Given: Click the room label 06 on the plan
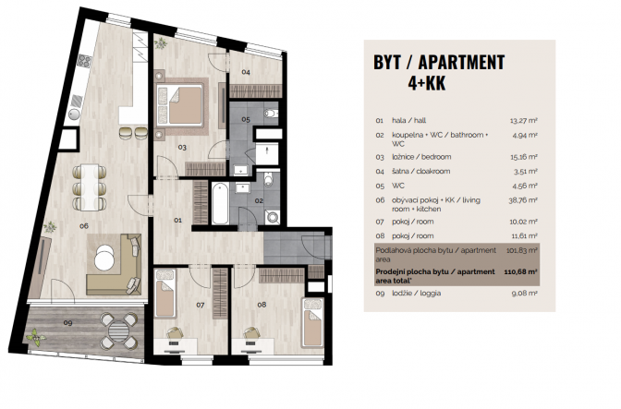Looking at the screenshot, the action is [83, 226].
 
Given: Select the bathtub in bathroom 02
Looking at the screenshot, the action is [220, 204].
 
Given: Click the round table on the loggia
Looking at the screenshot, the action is [118, 331].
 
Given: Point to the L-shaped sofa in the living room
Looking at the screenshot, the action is [114, 264].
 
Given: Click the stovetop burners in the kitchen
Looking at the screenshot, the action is [84, 61].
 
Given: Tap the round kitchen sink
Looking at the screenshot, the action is [74, 114].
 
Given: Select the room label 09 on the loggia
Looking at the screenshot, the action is [67, 323].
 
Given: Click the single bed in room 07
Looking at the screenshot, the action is [164, 294].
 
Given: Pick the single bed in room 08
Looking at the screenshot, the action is [313, 323].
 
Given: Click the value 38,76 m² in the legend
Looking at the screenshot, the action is [523, 200].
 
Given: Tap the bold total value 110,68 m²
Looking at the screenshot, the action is [520, 271].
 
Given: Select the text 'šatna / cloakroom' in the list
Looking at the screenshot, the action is [416, 172].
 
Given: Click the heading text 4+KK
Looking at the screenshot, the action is [427, 83].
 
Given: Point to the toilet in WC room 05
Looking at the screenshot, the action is [271, 114].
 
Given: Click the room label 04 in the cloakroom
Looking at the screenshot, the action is [246, 72].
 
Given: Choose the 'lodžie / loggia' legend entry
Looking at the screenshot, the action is [416, 294].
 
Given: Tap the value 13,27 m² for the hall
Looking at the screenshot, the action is [524, 121].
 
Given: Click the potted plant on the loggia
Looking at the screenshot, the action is [36, 337].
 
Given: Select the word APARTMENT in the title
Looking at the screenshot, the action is [461, 62].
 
